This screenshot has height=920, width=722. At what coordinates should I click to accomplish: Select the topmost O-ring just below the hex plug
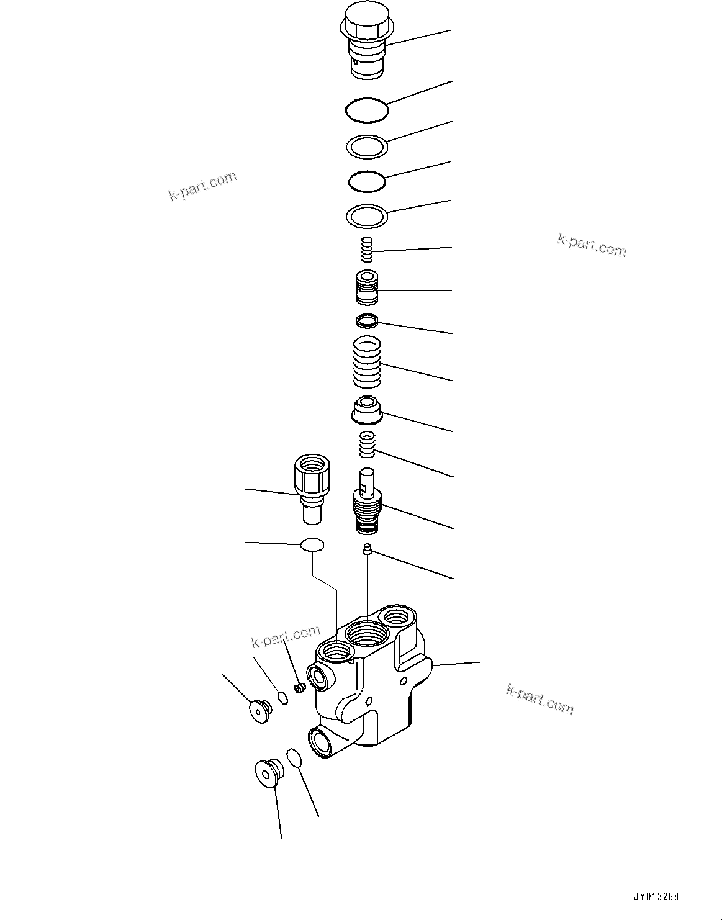click(x=367, y=110)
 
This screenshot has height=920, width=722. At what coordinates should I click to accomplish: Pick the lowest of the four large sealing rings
click(x=367, y=216)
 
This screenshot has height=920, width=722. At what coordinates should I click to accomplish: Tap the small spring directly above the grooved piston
click(x=367, y=250)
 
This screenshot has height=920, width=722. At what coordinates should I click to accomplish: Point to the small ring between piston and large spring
click(x=367, y=322)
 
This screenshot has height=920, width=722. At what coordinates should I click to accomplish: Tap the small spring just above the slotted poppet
click(x=368, y=444)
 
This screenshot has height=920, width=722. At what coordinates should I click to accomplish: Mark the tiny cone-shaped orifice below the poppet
click(x=367, y=549)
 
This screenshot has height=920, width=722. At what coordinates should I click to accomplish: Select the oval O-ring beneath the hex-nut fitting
click(x=312, y=544)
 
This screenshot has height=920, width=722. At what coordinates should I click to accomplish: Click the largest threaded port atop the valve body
click(x=366, y=635)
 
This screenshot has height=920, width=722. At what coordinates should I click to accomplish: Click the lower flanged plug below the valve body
click(x=268, y=772)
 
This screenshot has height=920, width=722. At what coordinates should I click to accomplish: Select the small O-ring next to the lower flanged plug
click(x=294, y=758)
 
